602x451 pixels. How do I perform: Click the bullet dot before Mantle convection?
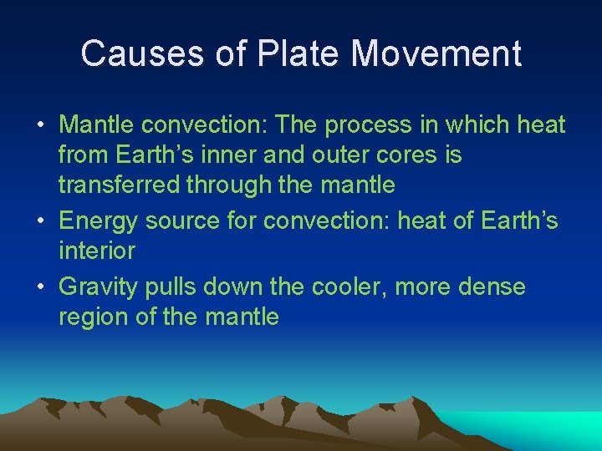(x=41, y=126)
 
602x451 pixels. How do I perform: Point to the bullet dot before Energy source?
(x=41, y=221)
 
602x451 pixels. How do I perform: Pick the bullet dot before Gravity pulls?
(x=41, y=287)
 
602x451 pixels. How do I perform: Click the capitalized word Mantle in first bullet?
(x=97, y=125)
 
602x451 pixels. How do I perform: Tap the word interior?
(x=96, y=251)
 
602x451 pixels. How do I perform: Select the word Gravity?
(x=101, y=287)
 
